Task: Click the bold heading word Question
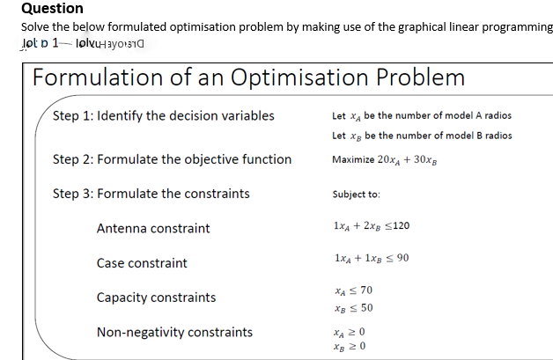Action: point(52,9)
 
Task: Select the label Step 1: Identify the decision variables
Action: point(164,115)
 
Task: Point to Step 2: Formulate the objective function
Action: point(173,159)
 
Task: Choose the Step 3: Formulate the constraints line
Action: point(151,194)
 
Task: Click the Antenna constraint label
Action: point(153,229)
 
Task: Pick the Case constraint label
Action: point(142,263)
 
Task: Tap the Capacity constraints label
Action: point(156,298)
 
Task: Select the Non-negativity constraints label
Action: point(174,332)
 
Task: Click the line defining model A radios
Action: point(422,115)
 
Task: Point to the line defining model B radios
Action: point(422,136)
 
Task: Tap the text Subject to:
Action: point(357,194)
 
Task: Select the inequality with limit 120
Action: point(372,226)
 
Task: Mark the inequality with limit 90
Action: point(372,258)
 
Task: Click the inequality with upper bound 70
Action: point(355,290)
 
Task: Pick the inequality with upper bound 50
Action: point(355,307)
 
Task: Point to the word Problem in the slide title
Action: point(421,77)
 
